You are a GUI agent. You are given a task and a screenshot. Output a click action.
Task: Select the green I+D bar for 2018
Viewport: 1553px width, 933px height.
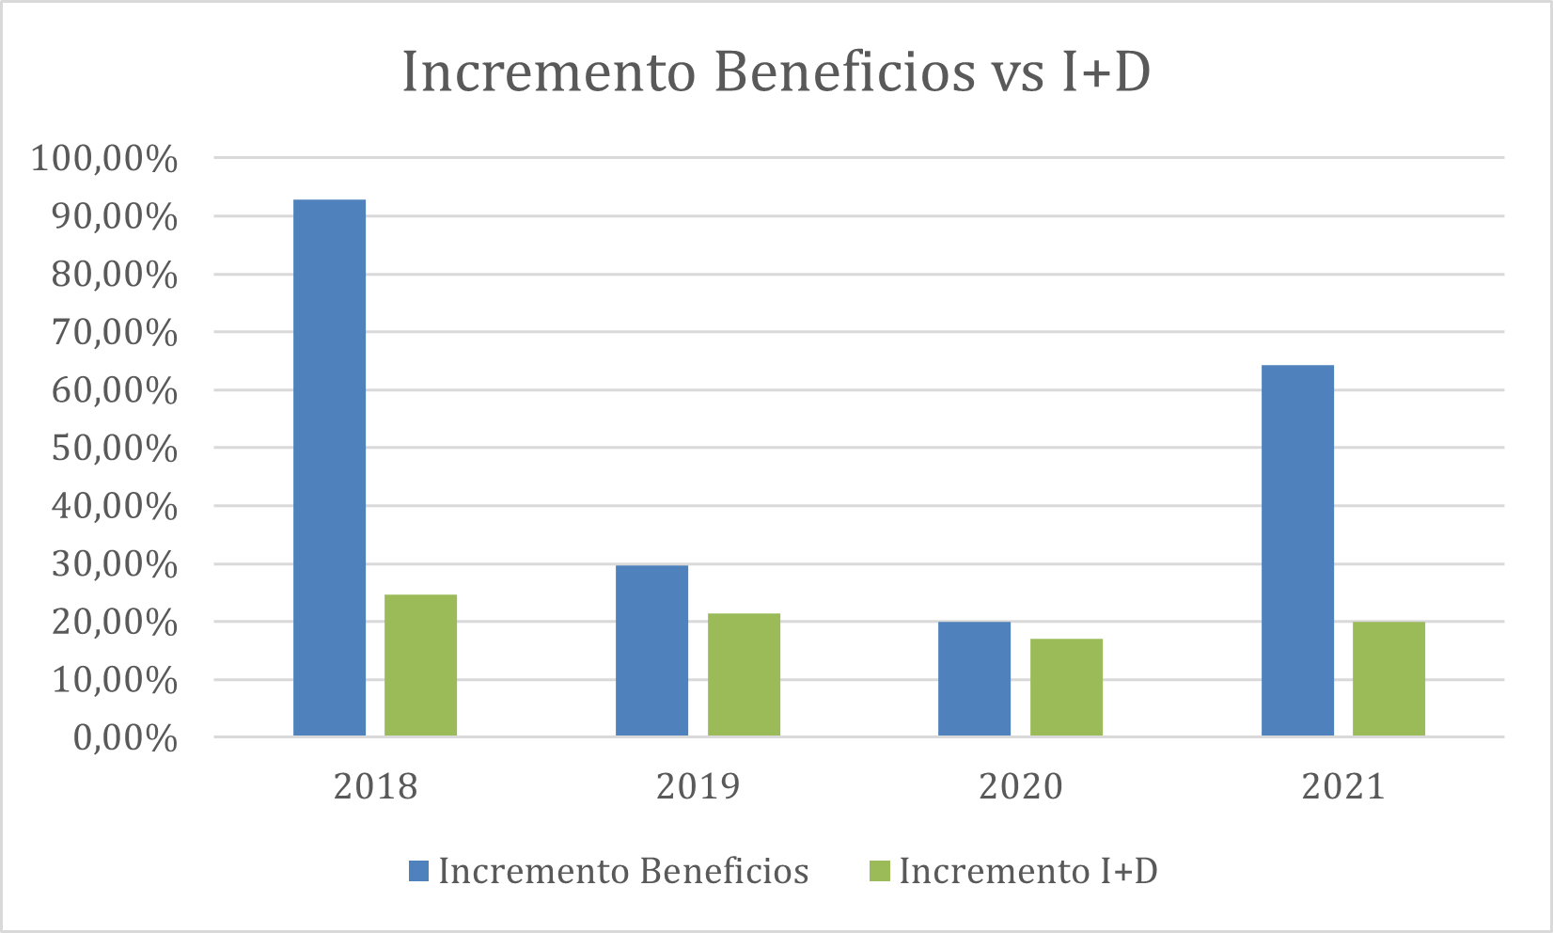[x=420, y=665]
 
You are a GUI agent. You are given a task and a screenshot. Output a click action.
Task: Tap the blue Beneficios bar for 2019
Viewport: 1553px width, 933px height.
[x=651, y=650]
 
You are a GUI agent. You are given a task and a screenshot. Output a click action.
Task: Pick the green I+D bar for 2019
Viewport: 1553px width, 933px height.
[x=744, y=674]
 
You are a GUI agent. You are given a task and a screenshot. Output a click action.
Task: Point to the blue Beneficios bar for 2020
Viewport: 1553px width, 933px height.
[x=974, y=678]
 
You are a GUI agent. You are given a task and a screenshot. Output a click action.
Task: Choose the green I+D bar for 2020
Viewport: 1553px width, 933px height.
[x=1066, y=687]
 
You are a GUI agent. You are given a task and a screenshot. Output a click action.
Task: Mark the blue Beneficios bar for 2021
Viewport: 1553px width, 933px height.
[x=1297, y=550]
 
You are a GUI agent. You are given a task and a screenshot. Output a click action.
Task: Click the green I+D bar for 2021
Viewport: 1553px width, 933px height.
[x=1388, y=678]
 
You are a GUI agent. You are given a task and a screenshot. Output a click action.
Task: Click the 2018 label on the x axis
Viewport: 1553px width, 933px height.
[x=375, y=786]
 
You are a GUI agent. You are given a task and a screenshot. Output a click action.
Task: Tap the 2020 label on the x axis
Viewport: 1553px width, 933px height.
[x=1020, y=786]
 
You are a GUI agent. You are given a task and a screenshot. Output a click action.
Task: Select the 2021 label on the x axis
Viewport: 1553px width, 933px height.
[x=1343, y=786]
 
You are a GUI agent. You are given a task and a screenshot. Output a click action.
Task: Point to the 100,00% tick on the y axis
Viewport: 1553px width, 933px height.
[x=104, y=159]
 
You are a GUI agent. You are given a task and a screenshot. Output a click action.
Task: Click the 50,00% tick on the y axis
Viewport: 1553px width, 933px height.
[x=114, y=449]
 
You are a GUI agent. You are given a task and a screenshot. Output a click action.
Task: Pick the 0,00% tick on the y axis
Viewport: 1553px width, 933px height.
[x=125, y=738]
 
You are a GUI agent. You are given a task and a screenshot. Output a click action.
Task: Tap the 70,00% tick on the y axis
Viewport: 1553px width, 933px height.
[x=114, y=333]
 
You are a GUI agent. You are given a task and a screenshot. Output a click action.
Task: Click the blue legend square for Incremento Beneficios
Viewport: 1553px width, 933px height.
[x=418, y=871]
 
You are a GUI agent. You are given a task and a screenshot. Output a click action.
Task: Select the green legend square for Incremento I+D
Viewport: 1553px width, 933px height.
[x=879, y=871]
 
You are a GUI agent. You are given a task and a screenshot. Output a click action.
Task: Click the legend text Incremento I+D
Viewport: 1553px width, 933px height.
[x=1028, y=871]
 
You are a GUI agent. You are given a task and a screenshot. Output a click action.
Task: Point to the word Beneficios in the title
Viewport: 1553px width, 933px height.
[x=844, y=72]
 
